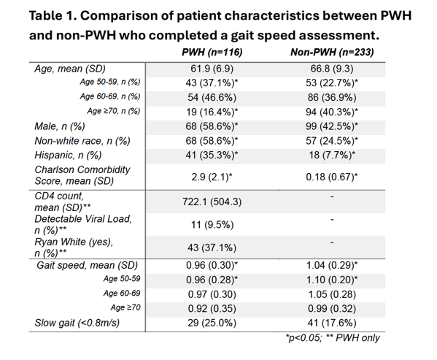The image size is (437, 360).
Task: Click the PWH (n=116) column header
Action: click(212, 52)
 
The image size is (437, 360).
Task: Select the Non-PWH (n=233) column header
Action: click(332, 52)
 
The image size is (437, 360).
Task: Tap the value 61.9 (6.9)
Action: click(212, 69)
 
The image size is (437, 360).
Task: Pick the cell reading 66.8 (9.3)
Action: click(332, 69)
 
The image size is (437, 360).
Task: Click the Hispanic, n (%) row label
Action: click(68, 155)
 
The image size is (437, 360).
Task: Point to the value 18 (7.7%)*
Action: click(332, 155)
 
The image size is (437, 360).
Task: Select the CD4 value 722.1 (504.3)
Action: click(212, 202)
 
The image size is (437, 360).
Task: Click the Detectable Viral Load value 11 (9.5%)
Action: click(212, 224)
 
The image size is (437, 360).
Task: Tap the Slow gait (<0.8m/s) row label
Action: click(77, 323)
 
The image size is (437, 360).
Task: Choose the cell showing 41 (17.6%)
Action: click(332, 323)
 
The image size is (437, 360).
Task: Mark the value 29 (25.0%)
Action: click(212, 323)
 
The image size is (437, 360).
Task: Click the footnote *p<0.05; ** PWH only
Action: click(333, 338)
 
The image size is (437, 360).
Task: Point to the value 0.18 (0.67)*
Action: click(332, 177)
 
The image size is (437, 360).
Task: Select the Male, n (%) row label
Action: click(60, 126)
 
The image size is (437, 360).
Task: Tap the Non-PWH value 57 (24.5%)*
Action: click(332, 141)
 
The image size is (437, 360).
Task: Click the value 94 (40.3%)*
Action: click(332, 112)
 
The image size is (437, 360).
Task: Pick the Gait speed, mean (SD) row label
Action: click(88, 265)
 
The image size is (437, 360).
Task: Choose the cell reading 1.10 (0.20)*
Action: click(332, 280)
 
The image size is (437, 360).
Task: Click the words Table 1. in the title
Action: click(53, 15)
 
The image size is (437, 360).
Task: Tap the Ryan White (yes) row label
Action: click(74, 248)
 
